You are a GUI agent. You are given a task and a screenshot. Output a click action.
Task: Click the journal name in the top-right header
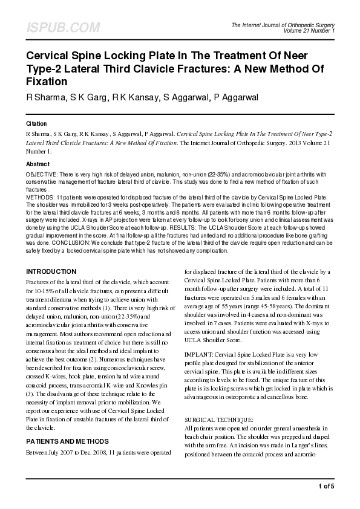coord(283,25)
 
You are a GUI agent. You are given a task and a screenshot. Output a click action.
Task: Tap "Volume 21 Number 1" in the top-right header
coord(309,30)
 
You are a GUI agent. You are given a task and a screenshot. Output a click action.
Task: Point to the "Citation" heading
coord(36,123)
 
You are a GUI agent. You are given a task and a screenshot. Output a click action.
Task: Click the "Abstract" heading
coord(38,164)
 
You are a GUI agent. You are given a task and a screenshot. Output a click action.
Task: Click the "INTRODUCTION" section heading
coord(51,271)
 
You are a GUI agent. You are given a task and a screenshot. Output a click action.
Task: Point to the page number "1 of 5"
coord(326,486)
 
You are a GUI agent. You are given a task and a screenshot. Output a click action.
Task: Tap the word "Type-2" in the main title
coord(46,68)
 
